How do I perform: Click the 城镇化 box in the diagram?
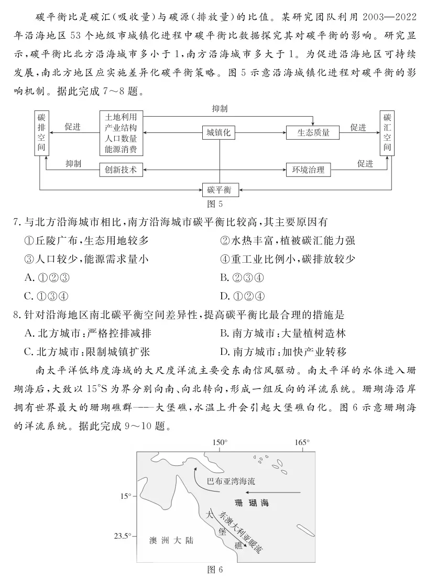click(219, 133)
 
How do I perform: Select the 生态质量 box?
click(313, 133)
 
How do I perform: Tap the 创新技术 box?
click(121, 170)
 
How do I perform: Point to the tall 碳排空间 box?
click(41, 133)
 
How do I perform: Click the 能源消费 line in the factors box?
click(121, 150)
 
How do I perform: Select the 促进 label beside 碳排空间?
click(72, 127)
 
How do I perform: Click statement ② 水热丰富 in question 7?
click(288, 240)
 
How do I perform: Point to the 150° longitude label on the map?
click(220, 442)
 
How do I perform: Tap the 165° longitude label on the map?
click(302, 442)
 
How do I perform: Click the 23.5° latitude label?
click(123, 536)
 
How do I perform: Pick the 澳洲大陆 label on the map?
click(171, 540)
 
